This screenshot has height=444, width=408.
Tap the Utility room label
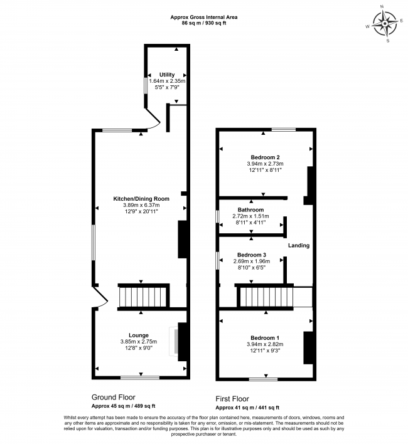pos(167,75)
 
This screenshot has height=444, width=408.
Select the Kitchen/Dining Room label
pos(141,199)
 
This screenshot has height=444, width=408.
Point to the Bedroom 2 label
pos(265,157)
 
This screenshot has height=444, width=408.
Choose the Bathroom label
pos(250,209)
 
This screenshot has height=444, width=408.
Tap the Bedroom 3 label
pos(250,255)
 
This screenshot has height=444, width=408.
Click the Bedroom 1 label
pos(265,337)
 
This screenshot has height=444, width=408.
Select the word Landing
pos(299,245)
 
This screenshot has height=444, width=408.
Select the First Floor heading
pos(232,398)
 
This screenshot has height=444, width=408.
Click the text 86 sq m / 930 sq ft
pos(204,23)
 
